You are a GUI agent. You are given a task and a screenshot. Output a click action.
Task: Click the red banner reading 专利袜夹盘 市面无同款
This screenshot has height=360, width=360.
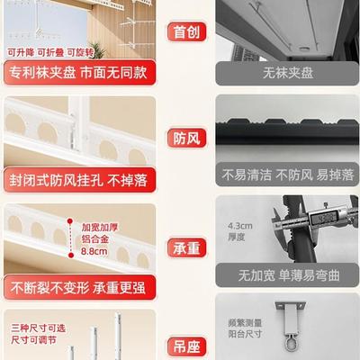tap(79, 72)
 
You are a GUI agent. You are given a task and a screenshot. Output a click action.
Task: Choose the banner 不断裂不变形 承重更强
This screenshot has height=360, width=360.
tap(79, 288)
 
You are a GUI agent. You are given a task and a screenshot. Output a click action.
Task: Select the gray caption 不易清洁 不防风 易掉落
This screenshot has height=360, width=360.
tap(285, 174)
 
